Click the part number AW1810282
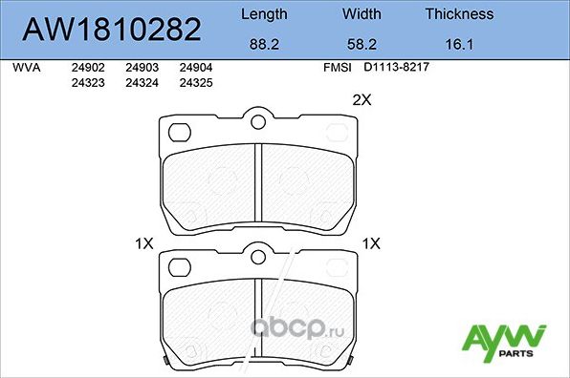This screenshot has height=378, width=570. coord(111,30)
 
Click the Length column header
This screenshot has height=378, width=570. coord(263,14)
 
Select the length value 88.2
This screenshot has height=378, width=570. coord(263,44)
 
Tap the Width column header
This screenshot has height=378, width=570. coord(362,14)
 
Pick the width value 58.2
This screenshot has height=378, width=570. coord(362,44)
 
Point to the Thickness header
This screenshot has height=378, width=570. coord(459,14)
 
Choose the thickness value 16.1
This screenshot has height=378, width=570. coord(459,44)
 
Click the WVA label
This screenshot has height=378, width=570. coord(26,69)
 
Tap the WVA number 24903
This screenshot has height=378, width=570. coord(142,69)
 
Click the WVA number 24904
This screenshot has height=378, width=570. coord(196,69)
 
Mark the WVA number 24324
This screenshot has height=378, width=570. coord(142,83)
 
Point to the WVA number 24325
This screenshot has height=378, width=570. coord(196,83)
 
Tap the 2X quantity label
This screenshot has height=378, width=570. coord(362,99)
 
